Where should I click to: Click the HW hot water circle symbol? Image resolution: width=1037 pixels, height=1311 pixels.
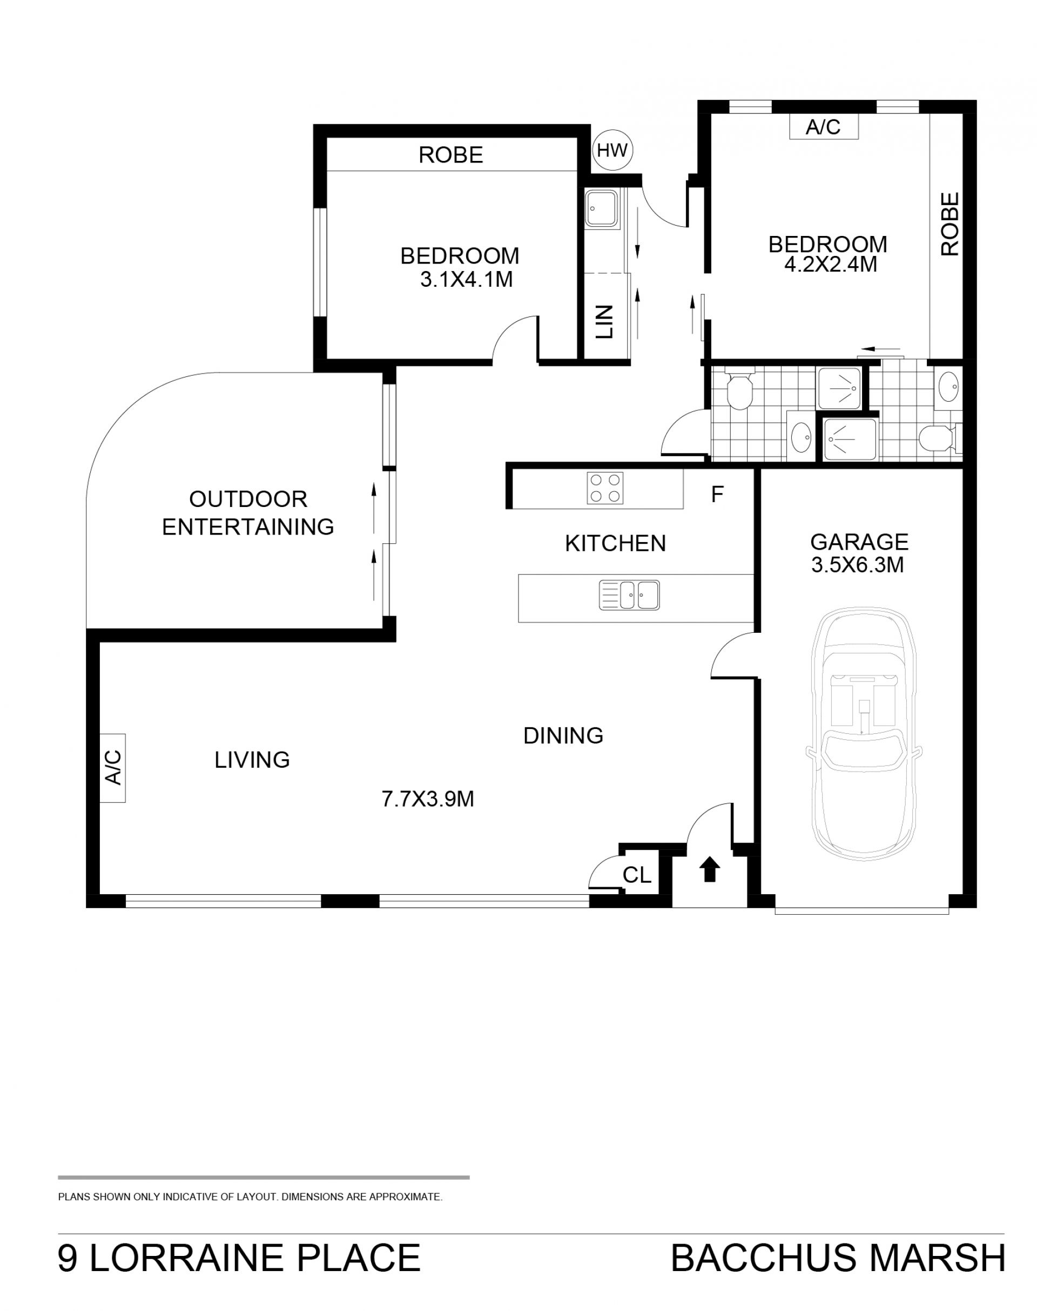(612, 150)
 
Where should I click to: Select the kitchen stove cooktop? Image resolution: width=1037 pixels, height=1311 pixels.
(605, 488)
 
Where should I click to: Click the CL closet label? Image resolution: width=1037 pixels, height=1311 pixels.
(637, 875)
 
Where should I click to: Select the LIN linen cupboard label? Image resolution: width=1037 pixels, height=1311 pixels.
(604, 322)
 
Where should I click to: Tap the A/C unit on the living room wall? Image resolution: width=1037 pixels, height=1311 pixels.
(113, 768)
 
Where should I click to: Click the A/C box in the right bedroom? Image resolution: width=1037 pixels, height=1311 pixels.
(823, 127)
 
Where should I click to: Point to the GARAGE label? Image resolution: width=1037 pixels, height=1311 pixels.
(859, 542)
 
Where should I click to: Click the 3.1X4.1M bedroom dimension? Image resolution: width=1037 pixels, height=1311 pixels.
(466, 279)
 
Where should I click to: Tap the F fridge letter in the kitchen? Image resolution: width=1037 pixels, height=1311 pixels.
(717, 495)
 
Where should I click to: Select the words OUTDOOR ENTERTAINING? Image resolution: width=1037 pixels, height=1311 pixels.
(248, 513)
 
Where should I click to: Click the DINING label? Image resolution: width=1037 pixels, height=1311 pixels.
(563, 735)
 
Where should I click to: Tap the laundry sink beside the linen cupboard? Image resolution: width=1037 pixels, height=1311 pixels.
(602, 207)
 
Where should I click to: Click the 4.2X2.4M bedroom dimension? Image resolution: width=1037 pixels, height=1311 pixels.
(831, 265)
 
